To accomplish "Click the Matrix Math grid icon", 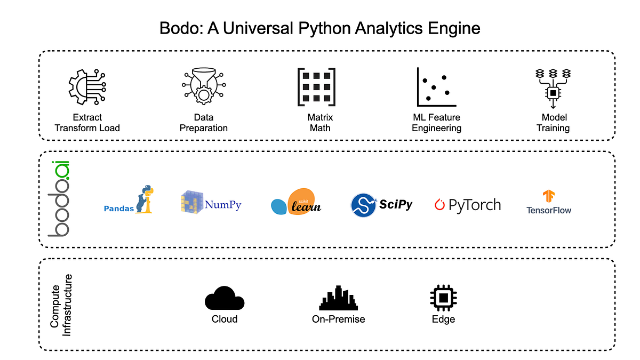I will [x=316, y=87].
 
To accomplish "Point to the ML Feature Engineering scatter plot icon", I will [x=436, y=87].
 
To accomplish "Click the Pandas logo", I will [x=128, y=201].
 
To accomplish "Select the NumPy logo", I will [x=211, y=204].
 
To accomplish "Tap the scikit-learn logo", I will [x=297, y=202].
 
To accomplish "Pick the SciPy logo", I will [x=381, y=205].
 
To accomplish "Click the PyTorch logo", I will [x=468, y=205].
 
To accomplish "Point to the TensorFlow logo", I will [x=548, y=202].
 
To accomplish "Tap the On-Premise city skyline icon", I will [x=339, y=298].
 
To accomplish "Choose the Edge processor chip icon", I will [x=443, y=298].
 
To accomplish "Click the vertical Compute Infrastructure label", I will [x=60, y=305].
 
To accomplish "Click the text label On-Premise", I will [x=339, y=319].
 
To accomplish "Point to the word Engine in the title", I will [x=454, y=28].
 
